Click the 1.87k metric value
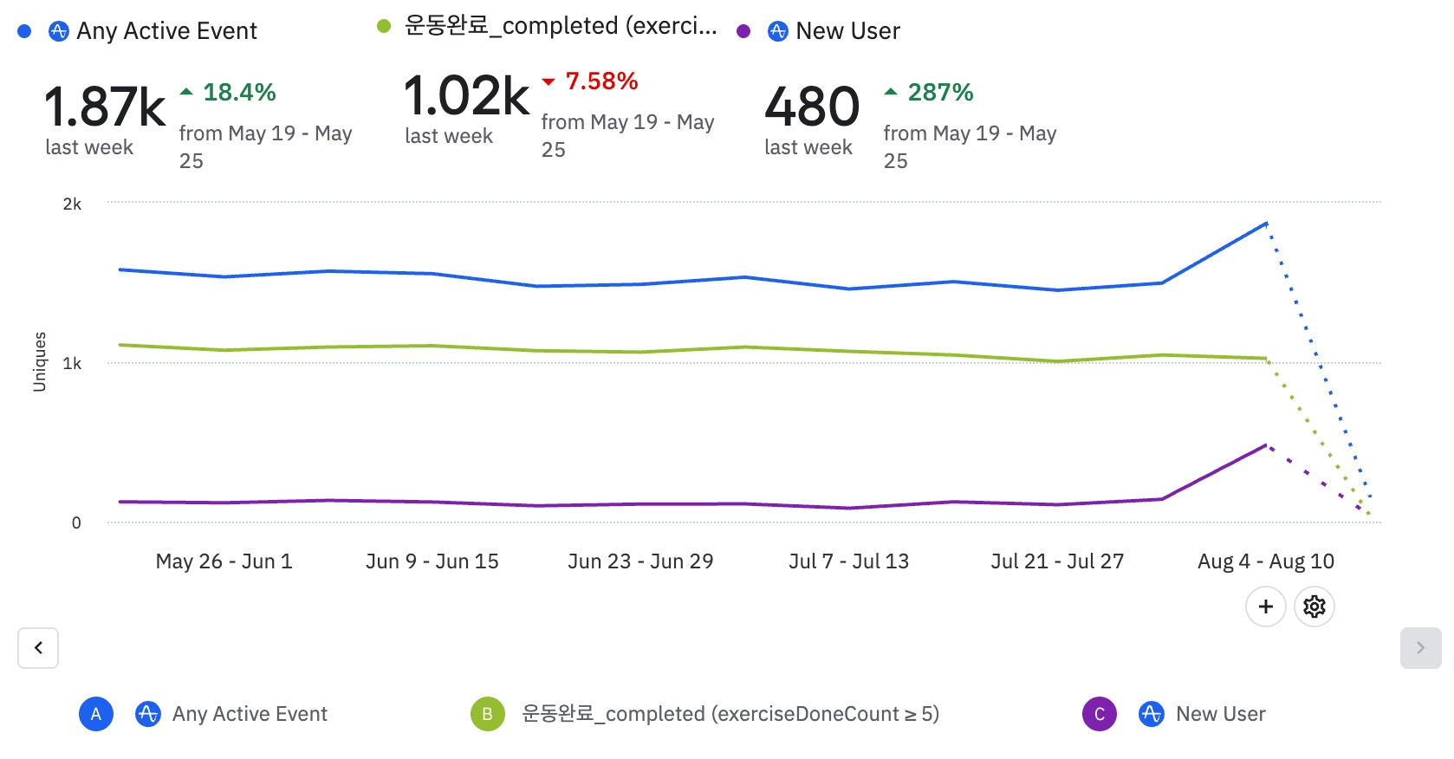tap(104, 107)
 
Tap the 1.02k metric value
tap(466, 95)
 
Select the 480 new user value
tap(812, 107)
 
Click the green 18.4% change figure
tap(238, 92)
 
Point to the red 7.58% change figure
tap(600, 81)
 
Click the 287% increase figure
tap(939, 92)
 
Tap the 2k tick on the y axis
tap(72, 204)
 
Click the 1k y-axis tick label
tap(72, 363)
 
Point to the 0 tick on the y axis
tap(76, 522)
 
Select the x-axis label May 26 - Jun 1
tap(224, 561)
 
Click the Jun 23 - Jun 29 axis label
tap(640, 561)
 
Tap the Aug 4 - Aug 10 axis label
tap(1265, 561)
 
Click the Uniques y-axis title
tap(39, 362)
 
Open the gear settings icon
tap(1314, 607)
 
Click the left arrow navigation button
tap(38, 648)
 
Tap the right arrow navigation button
tap(1420, 648)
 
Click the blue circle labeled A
tap(96, 714)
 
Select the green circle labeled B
tap(487, 714)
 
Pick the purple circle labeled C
tap(1099, 714)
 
